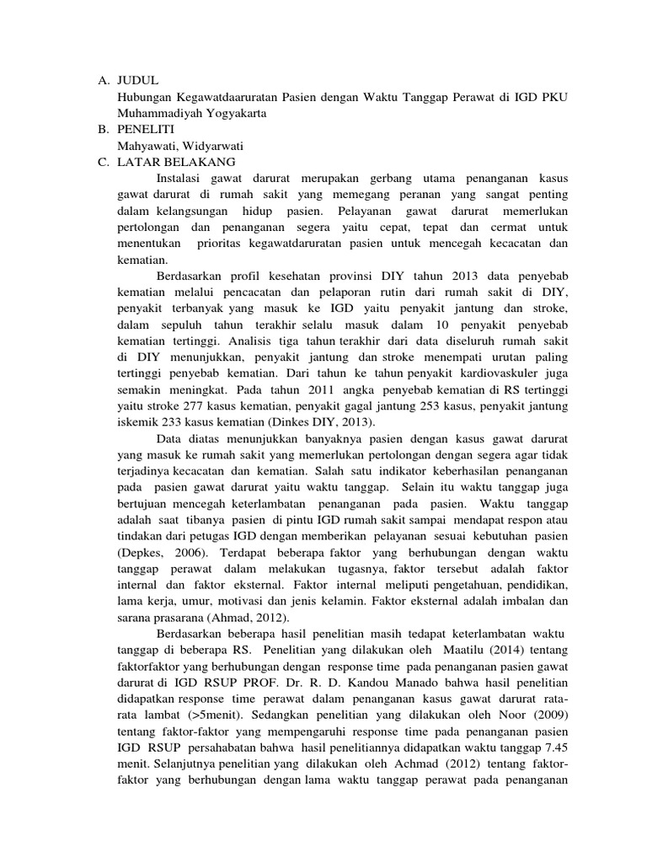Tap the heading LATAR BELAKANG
[179, 162]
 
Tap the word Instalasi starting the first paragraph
[184, 179]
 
